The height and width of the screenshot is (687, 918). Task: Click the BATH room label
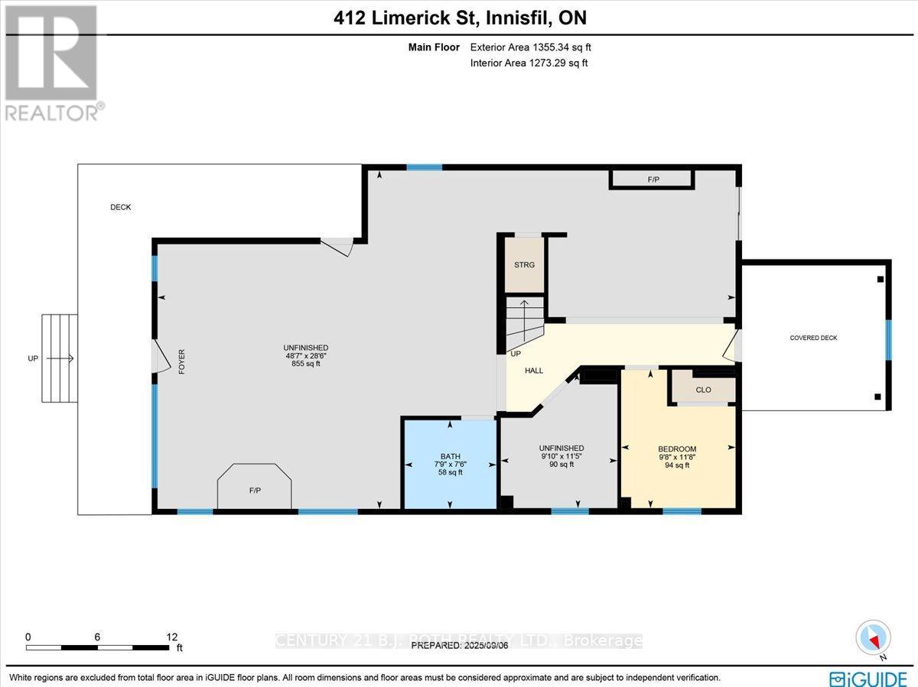(450, 456)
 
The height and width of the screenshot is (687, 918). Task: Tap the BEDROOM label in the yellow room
(677, 449)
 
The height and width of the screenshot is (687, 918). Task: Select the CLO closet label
(703, 390)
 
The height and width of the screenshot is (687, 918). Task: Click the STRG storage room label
(524, 264)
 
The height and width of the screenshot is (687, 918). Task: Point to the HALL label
(534, 371)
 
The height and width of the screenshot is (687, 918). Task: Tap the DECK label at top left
(120, 207)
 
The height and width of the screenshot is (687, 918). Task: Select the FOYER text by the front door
(182, 361)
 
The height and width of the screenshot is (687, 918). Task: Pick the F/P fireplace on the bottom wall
(255, 490)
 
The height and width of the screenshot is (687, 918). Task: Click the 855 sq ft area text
(305, 364)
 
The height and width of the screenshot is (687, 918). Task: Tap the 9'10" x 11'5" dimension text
(561, 456)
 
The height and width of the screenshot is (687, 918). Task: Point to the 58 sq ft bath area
(450, 472)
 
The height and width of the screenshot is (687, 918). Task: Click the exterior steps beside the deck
(59, 358)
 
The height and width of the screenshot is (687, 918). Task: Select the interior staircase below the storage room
(523, 321)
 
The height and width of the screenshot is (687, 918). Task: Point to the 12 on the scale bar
(171, 637)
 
